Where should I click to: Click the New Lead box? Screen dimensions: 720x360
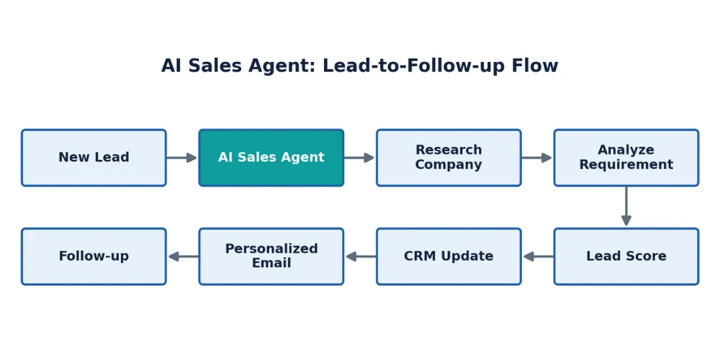coord(94,158)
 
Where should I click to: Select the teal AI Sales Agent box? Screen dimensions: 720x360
coord(271,158)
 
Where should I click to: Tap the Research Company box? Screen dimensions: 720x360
coord(449,158)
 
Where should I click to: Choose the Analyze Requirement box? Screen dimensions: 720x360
coord(626,158)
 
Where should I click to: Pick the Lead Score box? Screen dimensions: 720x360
coord(626,256)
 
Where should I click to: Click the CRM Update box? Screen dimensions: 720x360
coord(449,256)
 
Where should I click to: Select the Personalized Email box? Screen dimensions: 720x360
coord(271,256)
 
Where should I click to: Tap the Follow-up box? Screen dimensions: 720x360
coord(94,256)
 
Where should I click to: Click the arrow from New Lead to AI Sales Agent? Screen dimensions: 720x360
coord(182,158)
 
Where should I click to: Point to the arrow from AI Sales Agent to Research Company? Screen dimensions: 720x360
coord(359,158)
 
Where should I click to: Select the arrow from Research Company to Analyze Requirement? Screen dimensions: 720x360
coord(537,158)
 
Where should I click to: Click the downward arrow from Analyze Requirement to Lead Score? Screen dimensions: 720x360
coord(626,206)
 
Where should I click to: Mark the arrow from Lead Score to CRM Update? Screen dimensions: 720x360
coord(538,256)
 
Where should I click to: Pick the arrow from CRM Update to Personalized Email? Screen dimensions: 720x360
coord(361,256)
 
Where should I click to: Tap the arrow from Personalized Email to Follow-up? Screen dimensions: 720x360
coord(183,256)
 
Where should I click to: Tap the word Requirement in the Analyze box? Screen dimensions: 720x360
coord(626,165)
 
